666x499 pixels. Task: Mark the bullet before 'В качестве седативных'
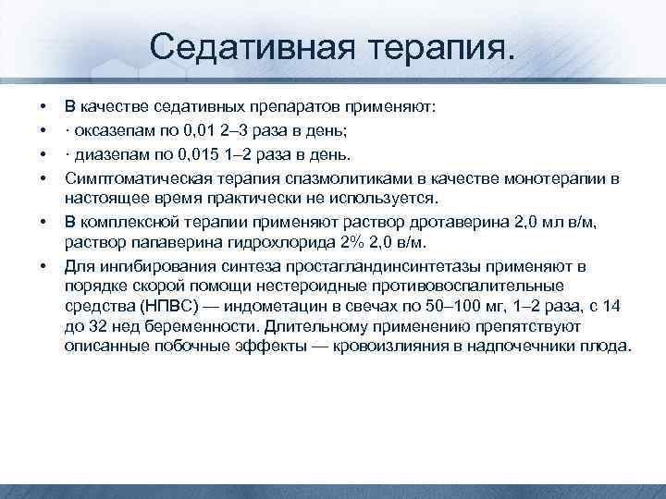[x=44, y=108]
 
